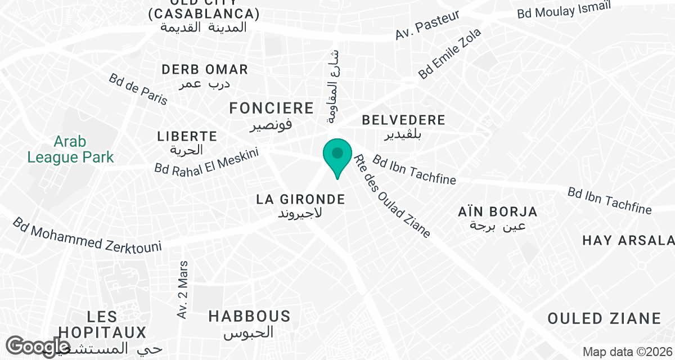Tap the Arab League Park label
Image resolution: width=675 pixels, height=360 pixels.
(x=70, y=149)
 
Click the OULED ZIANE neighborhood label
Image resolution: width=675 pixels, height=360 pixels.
(x=604, y=318)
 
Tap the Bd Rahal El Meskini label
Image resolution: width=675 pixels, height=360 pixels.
(x=206, y=161)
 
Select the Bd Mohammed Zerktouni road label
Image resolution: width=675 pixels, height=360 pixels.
(x=87, y=235)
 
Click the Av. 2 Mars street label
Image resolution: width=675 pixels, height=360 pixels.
(x=182, y=290)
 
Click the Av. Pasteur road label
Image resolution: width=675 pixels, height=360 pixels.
(x=427, y=25)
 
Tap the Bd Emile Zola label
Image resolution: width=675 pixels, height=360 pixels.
(x=450, y=54)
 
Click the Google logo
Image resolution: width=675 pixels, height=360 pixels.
(x=38, y=346)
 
